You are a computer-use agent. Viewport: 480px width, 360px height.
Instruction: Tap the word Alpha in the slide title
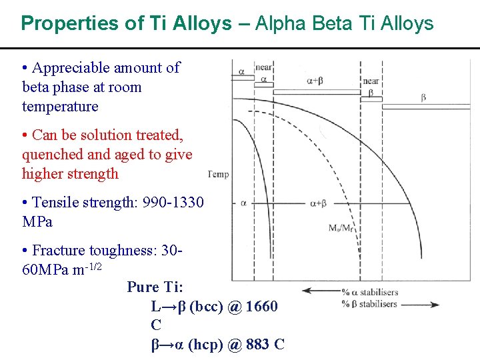(279, 25)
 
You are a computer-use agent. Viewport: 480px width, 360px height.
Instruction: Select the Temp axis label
(219, 175)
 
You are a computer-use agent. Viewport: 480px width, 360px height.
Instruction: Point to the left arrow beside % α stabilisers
(320, 291)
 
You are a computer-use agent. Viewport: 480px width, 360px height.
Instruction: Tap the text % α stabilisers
(369, 291)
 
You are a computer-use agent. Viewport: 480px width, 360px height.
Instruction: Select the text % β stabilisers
(369, 305)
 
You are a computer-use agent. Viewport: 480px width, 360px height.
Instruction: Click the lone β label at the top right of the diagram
(423, 98)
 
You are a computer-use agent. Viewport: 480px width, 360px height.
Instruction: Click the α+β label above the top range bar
(316, 81)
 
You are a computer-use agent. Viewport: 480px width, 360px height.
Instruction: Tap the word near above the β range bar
(371, 81)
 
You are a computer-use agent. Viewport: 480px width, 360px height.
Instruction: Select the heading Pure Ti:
(155, 287)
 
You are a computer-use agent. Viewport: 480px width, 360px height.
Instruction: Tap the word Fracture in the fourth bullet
(58, 251)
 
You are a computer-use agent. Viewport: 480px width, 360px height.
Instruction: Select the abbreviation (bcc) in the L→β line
(209, 307)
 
